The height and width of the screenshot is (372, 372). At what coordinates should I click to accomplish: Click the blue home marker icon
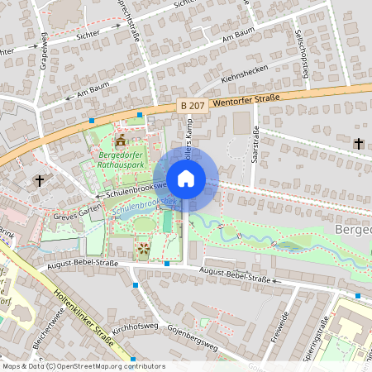pos(186,178)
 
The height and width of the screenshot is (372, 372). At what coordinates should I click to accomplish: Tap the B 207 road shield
pos(192,106)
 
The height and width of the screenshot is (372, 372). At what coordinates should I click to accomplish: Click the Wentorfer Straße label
pos(246,100)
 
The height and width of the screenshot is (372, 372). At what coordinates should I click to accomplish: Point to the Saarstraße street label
pos(255,145)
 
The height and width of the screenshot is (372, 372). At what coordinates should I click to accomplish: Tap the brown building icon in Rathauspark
pos(122,137)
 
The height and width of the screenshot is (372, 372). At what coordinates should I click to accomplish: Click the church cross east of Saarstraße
pos(359,144)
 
